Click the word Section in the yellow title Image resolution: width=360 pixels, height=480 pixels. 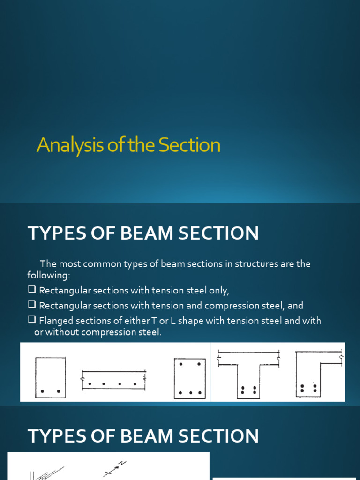189,145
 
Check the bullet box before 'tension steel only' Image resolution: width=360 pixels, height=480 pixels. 32,290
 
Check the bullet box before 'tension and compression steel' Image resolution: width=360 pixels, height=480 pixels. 32,305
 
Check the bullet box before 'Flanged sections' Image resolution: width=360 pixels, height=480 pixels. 32,321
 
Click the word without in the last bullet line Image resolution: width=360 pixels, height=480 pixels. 63,332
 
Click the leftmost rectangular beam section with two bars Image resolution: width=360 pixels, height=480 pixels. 50,377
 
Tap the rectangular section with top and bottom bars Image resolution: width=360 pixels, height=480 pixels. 190,378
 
